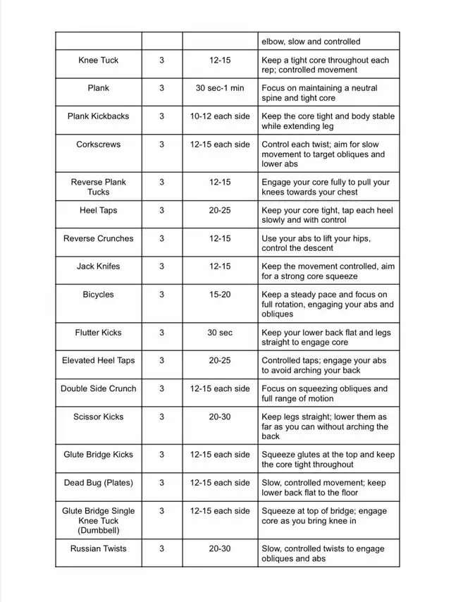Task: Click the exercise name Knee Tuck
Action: coord(99,60)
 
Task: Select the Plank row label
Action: coord(99,88)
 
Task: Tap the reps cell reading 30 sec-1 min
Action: coord(220,88)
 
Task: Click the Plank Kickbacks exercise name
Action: coord(99,116)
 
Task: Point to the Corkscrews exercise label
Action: coord(99,145)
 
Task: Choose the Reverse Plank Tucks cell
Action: coord(99,187)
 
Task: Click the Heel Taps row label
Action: coord(99,210)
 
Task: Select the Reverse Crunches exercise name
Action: coord(99,238)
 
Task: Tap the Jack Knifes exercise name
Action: coord(99,266)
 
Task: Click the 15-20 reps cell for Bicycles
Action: coord(220,295)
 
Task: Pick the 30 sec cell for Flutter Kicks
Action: coord(220,332)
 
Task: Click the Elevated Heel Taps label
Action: coord(99,360)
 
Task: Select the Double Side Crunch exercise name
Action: coord(99,388)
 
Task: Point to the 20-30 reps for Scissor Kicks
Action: coord(220,417)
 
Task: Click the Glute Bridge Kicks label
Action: coord(99,455)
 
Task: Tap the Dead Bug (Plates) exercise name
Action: coord(99,483)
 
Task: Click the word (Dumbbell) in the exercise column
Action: coord(99,530)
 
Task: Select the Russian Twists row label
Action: coord(99,548)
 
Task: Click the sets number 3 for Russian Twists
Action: coord(161,548)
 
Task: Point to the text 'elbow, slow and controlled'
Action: coord(311,42)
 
